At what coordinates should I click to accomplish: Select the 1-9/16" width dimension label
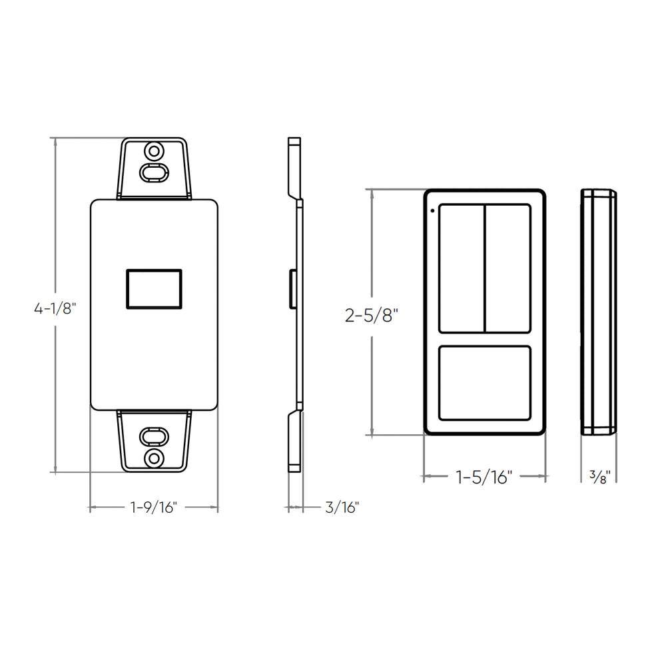pos(153,507)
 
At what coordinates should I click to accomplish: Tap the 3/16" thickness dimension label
pos(342,507)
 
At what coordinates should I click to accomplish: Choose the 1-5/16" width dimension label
pos(484,477)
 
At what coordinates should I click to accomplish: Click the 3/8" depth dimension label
pos(598,477)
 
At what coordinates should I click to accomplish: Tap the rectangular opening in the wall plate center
pos(154,289)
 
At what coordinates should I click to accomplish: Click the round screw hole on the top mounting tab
pos(154,149)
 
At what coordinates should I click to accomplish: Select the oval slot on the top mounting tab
pos(154,172)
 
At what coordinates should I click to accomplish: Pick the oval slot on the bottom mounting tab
pos(154,437)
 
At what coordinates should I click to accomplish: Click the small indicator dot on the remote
pos(432,212)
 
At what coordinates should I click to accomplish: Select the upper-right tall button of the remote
pos(508,268)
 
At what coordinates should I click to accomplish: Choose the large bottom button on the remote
pos(485,383)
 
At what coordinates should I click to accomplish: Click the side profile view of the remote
pos(598,312)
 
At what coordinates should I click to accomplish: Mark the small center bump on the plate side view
pos(291,289)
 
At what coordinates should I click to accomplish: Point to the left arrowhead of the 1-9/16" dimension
pos(93,507)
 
